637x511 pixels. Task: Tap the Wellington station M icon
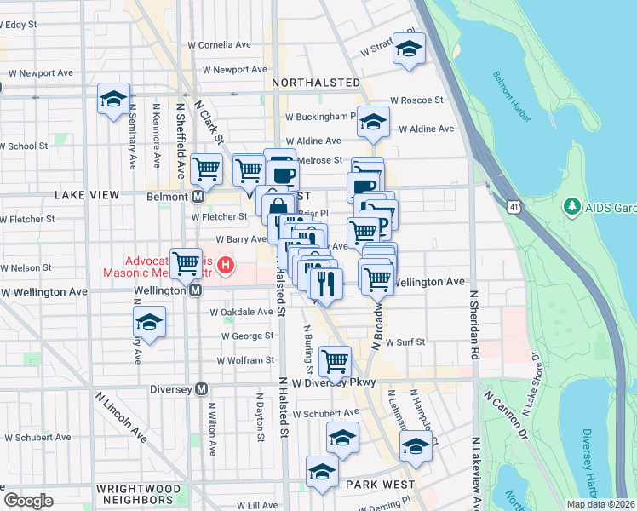tap(196, 290)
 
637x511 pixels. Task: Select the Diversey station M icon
tap(202, 389)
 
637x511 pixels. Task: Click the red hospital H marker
tap(226, 266)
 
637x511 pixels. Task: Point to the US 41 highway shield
tap(513, 207)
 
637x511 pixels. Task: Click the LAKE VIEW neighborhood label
tap(87, 195)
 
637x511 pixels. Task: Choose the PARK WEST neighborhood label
tap(380, 484)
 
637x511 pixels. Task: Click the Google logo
tap(28, 500)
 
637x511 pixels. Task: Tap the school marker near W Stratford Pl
tap(409, 50)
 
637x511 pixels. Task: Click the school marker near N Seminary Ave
tap(113, 99)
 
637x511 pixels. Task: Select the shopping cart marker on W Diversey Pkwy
tap(335, 360)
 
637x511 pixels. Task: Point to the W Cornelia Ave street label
tap(220, 44)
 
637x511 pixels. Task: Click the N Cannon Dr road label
tap(505, 411)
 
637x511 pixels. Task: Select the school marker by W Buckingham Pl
tap(373, 122)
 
